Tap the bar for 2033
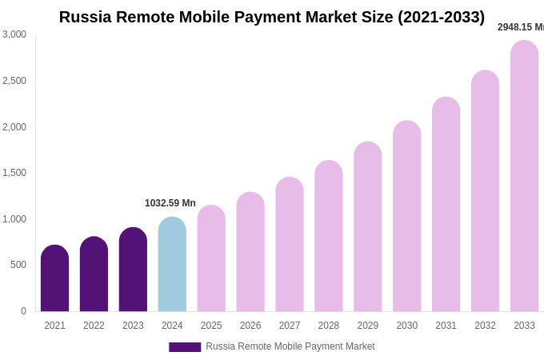tap(524, 176)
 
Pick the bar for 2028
tap(328, 236)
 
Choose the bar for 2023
tap(133, 270)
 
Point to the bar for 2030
tap(406, 216)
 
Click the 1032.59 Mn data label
tap(170, 203)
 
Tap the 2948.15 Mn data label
tap(521, 27)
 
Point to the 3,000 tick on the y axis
tap(14, 34)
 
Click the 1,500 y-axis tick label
tap(14, 173)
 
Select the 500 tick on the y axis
tap(18, 265)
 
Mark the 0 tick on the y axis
tap(23, 311)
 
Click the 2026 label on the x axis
tap(250, 326)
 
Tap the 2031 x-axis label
tap(446, 326)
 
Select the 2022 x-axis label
tap(94, 326)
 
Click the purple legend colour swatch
tap(185, 347)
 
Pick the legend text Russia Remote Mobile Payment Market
tap(290, 346)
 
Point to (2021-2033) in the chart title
tap(441, 17)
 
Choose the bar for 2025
tap(211, 258)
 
